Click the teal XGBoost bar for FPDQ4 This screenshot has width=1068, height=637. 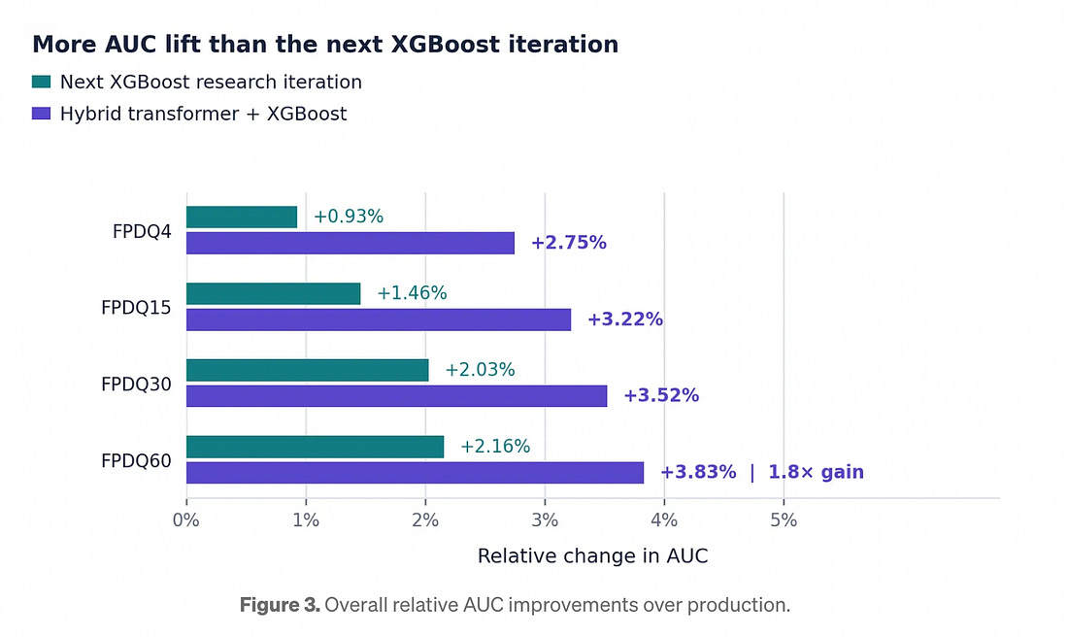click(x=242, y=218)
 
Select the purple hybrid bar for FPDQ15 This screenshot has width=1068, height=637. click(x=379, y=319)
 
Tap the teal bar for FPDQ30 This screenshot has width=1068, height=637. click(x=308, y=371)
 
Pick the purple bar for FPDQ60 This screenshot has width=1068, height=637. click(x=415, y=473)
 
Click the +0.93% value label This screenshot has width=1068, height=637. click(x=348, y=217)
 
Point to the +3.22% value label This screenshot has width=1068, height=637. click(x=625, y=319)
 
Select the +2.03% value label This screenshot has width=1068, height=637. click(x=480, y=370)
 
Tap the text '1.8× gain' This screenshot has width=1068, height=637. click(x=816, y=472)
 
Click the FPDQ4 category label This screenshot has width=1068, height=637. click(x=142, y=232)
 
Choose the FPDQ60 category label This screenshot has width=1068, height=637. click(x=136, y=461)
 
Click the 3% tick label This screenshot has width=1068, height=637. click(x=545, y=520)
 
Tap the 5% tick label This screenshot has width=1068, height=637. click(x=784, y=520)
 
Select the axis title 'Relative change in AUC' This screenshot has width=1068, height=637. click(x=592, y=556)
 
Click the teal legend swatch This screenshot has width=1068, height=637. click(x=41, y=82)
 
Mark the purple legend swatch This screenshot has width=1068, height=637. click(x=41, y=113)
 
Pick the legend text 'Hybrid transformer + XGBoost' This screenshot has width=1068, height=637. click(x=203, y=114)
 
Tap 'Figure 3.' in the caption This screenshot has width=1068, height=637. click(x=280, y=605)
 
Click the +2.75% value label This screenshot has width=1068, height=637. click(x=569, y=243)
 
